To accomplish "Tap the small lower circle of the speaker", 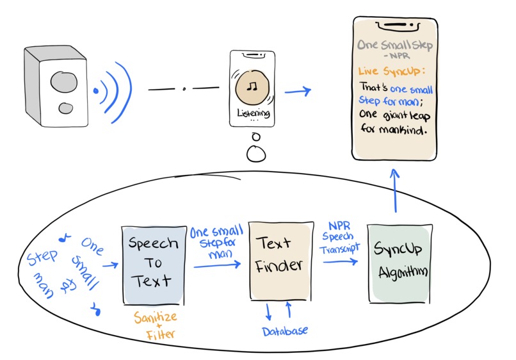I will coord(65,109).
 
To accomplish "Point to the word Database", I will coord(285,331).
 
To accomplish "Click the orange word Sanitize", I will coord(154,317).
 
